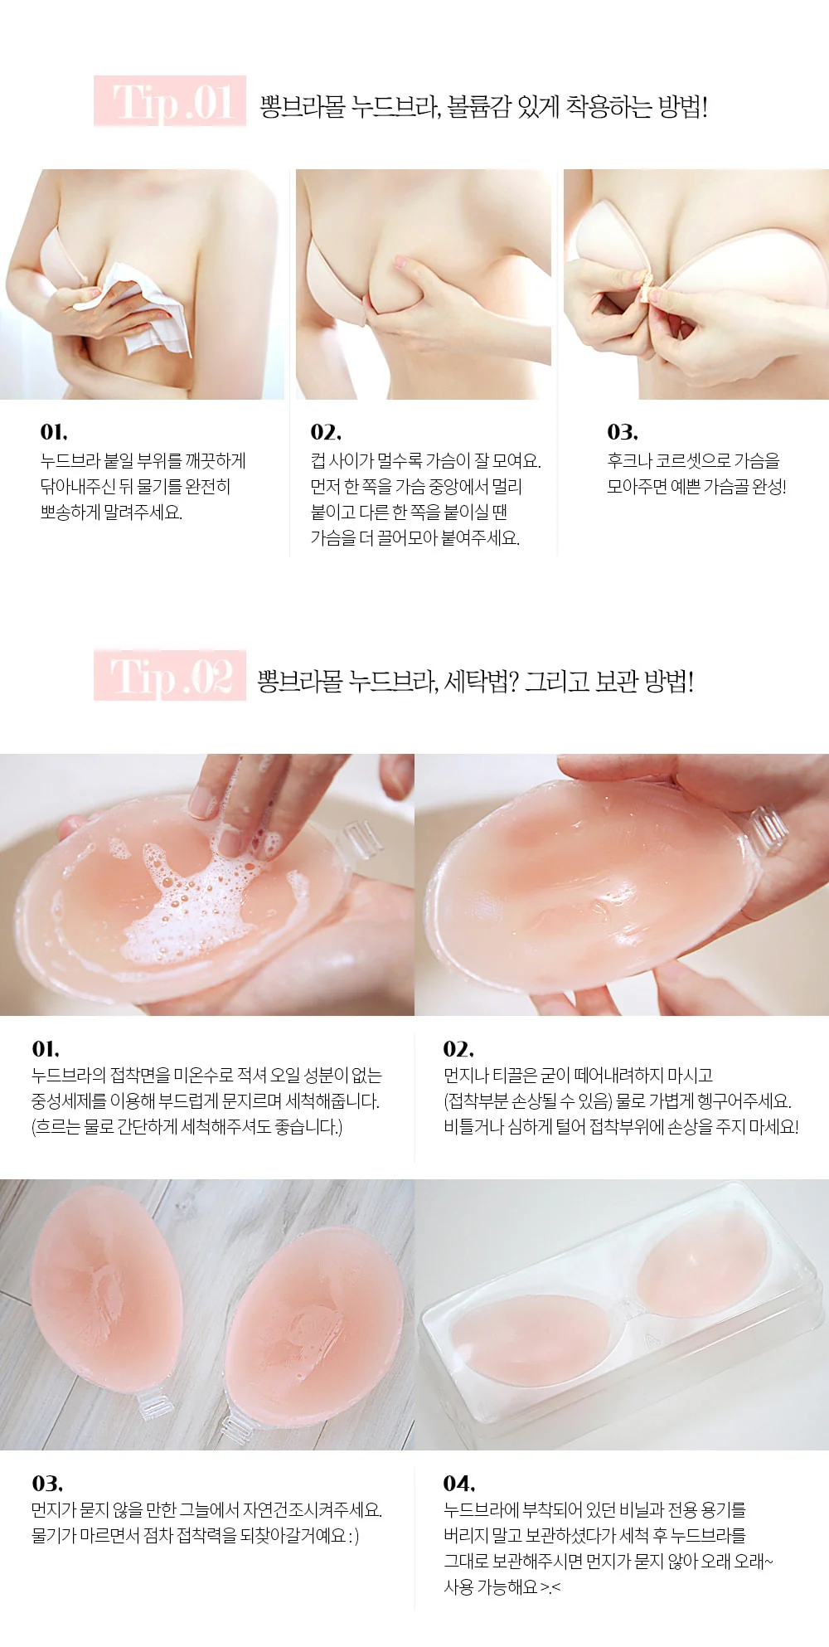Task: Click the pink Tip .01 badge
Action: (170, 101)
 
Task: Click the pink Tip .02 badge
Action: (170, 676)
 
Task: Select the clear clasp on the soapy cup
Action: (361, 839)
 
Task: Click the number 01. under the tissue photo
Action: (54, 432)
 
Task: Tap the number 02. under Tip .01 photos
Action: (326, 432)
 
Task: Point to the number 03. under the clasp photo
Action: (623, 432)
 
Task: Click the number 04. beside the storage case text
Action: (459, 1483)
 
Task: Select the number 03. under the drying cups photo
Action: (47, 1483)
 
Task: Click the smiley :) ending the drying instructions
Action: (353, 1536)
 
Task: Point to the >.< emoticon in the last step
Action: (550, 1587)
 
